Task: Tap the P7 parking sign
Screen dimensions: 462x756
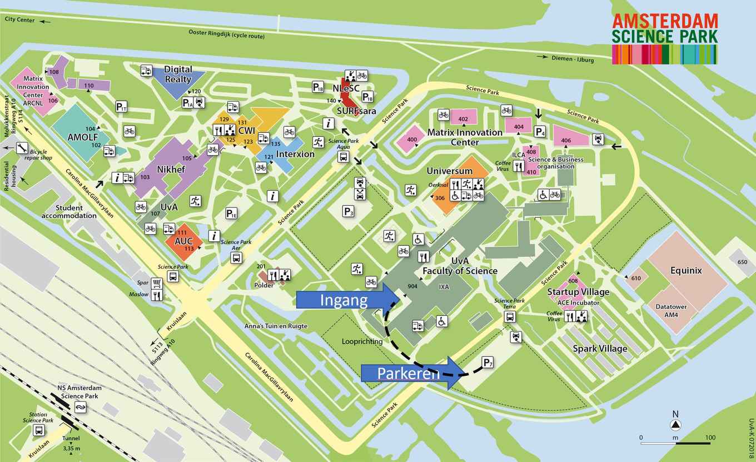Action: (x=488, y=363)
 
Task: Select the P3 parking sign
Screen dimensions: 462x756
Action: (x=349, y=211)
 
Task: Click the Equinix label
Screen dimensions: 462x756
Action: (x=686, y=271)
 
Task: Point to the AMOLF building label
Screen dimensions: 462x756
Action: (x=82, y=137)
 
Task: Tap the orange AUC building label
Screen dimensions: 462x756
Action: (x=183, y=242)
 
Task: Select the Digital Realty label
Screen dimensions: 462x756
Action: (x=178, y=74)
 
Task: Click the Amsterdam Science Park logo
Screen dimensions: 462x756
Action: (x=665, y=39)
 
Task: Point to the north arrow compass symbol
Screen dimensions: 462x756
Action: (x=675, y=424)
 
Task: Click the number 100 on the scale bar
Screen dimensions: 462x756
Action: (x=710, y=438)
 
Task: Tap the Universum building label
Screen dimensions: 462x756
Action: (x=450, y=171)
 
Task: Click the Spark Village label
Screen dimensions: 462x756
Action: (x=600, y=349)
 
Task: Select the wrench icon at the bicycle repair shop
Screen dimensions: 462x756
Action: (x=22, y=147)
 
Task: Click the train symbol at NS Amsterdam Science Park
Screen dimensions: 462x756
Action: (x=79, y=409)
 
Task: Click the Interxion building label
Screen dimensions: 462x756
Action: (x=295, y=154)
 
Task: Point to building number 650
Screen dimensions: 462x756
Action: (x=742, y=262)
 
